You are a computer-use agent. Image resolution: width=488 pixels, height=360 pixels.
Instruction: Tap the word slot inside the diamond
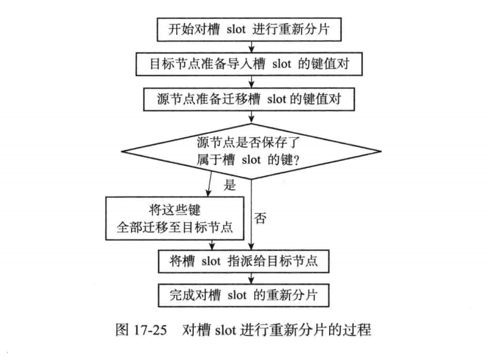[253, 160]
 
